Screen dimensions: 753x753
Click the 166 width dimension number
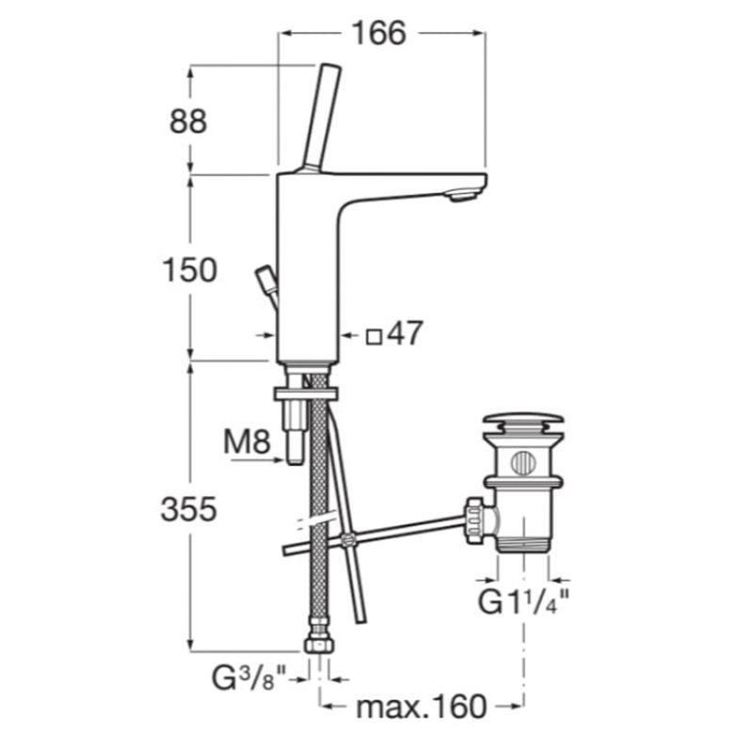pos(379,34)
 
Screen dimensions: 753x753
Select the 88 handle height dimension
pos(188,121)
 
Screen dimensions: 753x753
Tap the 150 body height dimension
pos(190,270)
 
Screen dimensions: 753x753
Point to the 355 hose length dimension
pos(189,509)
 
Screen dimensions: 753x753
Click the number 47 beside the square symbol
pos(405,332)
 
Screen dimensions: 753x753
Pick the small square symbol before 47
pos(374,337)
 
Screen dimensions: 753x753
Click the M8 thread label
pos(247,441)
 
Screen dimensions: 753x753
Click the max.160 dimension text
pos(421,707)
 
